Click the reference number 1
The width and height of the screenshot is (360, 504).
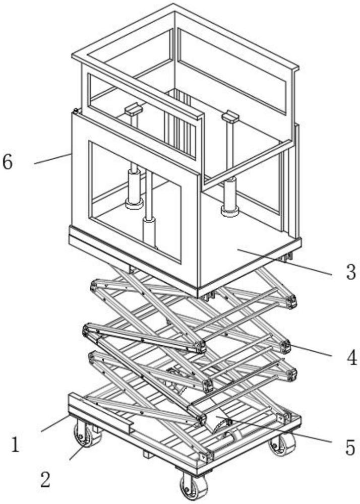coord(15,445)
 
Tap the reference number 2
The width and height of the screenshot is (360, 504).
coord(45,480)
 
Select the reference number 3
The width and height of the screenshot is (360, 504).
coord(351,272)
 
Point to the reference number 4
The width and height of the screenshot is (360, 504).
coord(352,357)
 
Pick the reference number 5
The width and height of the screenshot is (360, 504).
coord(350,448)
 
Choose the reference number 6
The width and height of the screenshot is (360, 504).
coord(8,162)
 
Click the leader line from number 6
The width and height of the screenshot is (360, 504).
coord(52,159)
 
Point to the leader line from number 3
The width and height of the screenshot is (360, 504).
coord(284,262)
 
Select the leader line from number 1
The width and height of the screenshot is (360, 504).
coord(54,423)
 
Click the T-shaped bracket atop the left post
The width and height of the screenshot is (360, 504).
coord(134,109)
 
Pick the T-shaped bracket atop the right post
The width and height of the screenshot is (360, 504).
coord(230,116)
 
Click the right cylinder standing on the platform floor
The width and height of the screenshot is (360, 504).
coord(230,196)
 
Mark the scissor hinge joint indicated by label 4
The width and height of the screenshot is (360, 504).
coord(285,346)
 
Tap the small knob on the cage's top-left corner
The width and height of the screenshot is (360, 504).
coord(76,111)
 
